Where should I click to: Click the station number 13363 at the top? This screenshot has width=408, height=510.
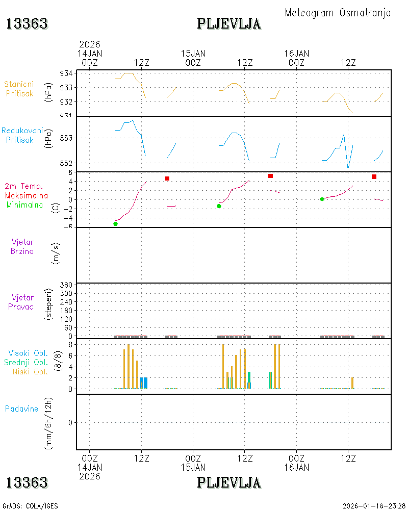(x=27, y=24)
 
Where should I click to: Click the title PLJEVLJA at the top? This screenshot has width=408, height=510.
(x=228, y=24)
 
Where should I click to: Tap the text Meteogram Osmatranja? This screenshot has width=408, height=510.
(x=338, y=13)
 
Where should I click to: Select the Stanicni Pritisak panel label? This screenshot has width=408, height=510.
(x=19, y=89)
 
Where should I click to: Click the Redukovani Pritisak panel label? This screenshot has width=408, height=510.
(x=22, y=135)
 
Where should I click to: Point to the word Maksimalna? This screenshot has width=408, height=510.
(x=27, y=195)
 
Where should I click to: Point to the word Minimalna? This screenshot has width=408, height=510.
(x=24, y=205)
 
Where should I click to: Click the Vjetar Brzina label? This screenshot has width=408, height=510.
(x=22, y=246)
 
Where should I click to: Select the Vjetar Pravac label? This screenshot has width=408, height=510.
(x=21, y=302)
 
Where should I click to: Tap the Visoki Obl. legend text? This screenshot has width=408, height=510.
(x=28, y=353)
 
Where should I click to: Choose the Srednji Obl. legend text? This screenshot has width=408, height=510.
(x=26, y=362)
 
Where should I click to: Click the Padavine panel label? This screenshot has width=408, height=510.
(x=21, y=409)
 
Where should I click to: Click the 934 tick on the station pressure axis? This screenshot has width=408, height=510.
(x=66, y=73)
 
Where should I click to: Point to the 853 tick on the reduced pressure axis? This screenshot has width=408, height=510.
(x=66, y=138)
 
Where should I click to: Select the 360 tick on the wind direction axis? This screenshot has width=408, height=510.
(x=66, y=285)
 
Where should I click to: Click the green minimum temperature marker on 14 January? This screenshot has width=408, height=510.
(x=115, y=224)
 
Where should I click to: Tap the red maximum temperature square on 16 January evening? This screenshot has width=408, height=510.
(x=374, y=176)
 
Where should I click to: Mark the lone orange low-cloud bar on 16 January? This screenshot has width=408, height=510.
(x=352, y=383)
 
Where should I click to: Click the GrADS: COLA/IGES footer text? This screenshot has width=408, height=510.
(x=30, y=506)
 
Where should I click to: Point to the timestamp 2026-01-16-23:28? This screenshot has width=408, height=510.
(x=374, y=506)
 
